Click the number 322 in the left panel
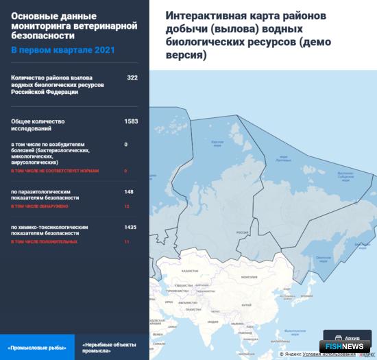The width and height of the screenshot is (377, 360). tap(132, 77)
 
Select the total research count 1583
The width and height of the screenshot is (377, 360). tap(131, 121)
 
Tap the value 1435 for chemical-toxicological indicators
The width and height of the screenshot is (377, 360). tap(130, 226)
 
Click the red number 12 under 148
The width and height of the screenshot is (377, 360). tap(126, 206)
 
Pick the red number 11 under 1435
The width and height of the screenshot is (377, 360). tap(126, 241)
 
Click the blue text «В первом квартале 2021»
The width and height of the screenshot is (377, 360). tap(62, 51)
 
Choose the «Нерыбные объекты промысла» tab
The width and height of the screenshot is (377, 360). tap(108, 347)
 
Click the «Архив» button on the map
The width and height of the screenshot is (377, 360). tap(352, 338)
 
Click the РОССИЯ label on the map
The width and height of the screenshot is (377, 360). tap(242, 233)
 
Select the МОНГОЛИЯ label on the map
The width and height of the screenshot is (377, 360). tap(239, 276)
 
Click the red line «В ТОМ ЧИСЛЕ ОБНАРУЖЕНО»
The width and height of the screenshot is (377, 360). tap(40, 206)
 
